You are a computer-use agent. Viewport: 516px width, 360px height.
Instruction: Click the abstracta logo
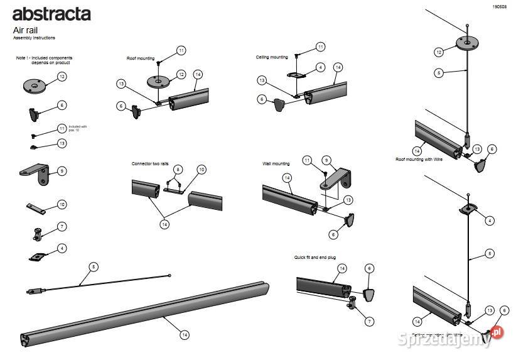(x=51, y=14)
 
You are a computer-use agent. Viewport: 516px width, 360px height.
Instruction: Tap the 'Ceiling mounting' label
(x=272, y=57)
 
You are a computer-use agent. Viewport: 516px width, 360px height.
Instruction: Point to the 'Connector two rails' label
(x=150, y=164)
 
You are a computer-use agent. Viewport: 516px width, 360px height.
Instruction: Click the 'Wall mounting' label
(x=276, y=164)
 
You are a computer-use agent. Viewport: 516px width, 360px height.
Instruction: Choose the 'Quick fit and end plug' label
(x=317, y=257)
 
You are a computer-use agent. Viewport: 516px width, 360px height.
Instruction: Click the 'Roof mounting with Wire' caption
(x=419, y=160)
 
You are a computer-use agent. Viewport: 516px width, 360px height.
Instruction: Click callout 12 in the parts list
(x=62, y=77)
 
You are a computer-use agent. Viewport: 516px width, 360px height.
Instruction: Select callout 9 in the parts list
(x=62, y=171)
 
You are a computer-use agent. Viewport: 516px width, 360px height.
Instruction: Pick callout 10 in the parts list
(x=62, y=204)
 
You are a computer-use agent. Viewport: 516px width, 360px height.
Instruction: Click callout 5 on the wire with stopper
(x=94, y=267)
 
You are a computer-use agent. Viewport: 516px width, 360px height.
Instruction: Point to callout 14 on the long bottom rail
(x=184, y=335)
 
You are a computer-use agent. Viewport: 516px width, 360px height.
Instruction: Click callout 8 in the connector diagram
(x=178, y=170)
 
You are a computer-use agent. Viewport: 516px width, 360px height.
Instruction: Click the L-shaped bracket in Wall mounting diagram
(x=335, y=179)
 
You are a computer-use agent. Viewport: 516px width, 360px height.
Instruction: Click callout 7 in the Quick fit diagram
(x=369, y=321)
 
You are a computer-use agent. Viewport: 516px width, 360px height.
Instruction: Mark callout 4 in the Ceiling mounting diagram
(x=320, y=67)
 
